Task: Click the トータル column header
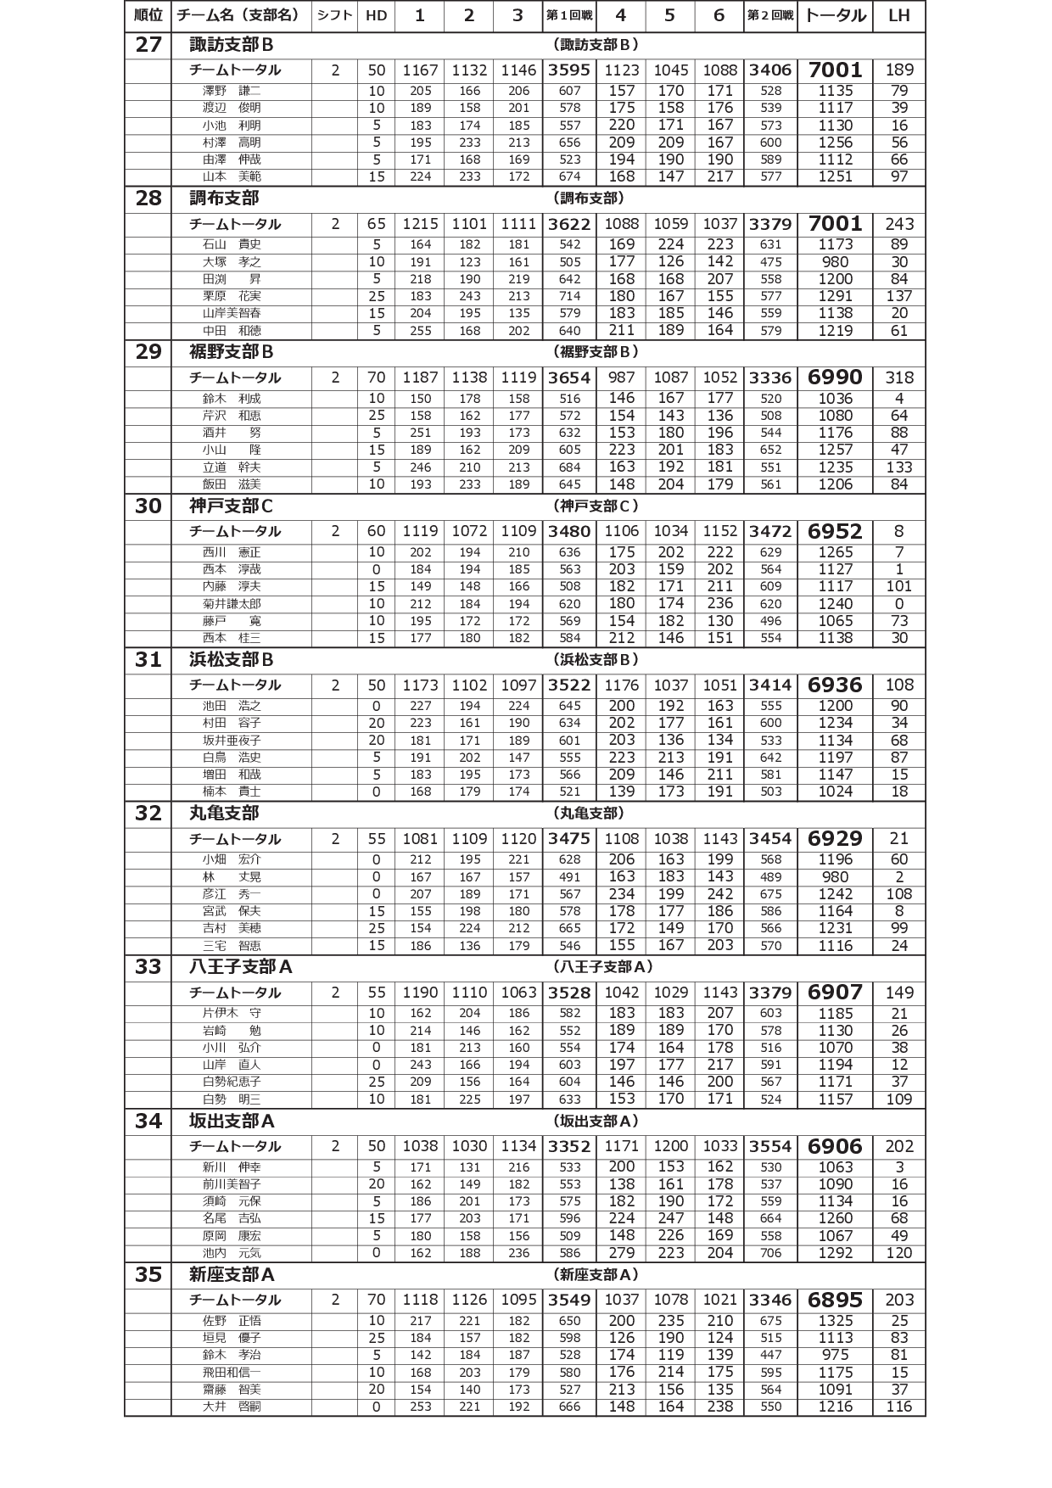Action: click(835, 16)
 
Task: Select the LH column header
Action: click(898, 16)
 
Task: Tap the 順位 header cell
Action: click(148, 16)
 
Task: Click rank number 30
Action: click(148, 506)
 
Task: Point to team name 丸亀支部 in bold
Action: click(224, 814)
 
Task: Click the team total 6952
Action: click(835, 532)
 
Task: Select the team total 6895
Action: click(835, 1301)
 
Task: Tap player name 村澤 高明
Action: click(232, 143)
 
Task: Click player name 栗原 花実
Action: click(232, 296)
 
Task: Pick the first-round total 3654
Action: click(568, 378)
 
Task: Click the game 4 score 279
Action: click(621, 1253)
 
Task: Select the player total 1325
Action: click(835, 1321)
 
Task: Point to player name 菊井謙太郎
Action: click(232, 604)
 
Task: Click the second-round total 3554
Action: click(770, 1147)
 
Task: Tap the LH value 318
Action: click(899, 378)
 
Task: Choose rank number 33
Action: click(148, 967)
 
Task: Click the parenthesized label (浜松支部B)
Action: click(596, 660)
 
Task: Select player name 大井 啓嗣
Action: click(232, 1407)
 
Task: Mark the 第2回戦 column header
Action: click(770, 16)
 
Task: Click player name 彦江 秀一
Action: click(232, 894)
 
